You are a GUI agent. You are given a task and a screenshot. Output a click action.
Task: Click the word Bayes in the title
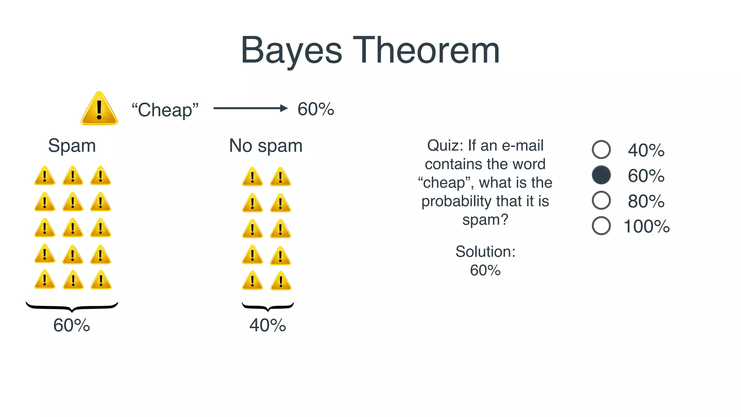[291, 51]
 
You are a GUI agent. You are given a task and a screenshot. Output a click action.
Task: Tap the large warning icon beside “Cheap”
[99, 109]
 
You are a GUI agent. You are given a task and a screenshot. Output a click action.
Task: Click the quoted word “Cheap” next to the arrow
[165, 110]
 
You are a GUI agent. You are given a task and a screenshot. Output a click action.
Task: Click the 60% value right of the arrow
[316, 109]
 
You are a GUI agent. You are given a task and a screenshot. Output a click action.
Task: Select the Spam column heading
[72, 146]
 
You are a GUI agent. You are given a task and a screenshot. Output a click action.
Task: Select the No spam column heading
[266, 146]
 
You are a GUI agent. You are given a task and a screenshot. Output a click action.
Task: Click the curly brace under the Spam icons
[72, 307]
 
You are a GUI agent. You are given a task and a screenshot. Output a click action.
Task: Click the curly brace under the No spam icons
[268, 307]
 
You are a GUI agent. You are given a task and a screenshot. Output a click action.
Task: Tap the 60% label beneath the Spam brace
[71, 325]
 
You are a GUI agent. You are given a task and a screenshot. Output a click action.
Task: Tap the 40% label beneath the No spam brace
[267, 325]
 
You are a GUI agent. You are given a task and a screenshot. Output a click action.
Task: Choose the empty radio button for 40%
[601, 149]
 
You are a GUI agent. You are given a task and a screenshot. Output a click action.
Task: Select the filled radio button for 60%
[601, 175]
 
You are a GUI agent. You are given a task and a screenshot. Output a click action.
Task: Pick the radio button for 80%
[601, 200]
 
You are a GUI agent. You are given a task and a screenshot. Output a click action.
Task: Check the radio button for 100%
[601, 226]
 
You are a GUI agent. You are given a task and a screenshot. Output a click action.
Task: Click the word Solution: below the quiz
[485, 252]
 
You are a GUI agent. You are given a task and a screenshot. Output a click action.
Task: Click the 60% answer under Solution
[485, 270]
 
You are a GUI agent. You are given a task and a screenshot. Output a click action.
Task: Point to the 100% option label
[647, 226]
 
